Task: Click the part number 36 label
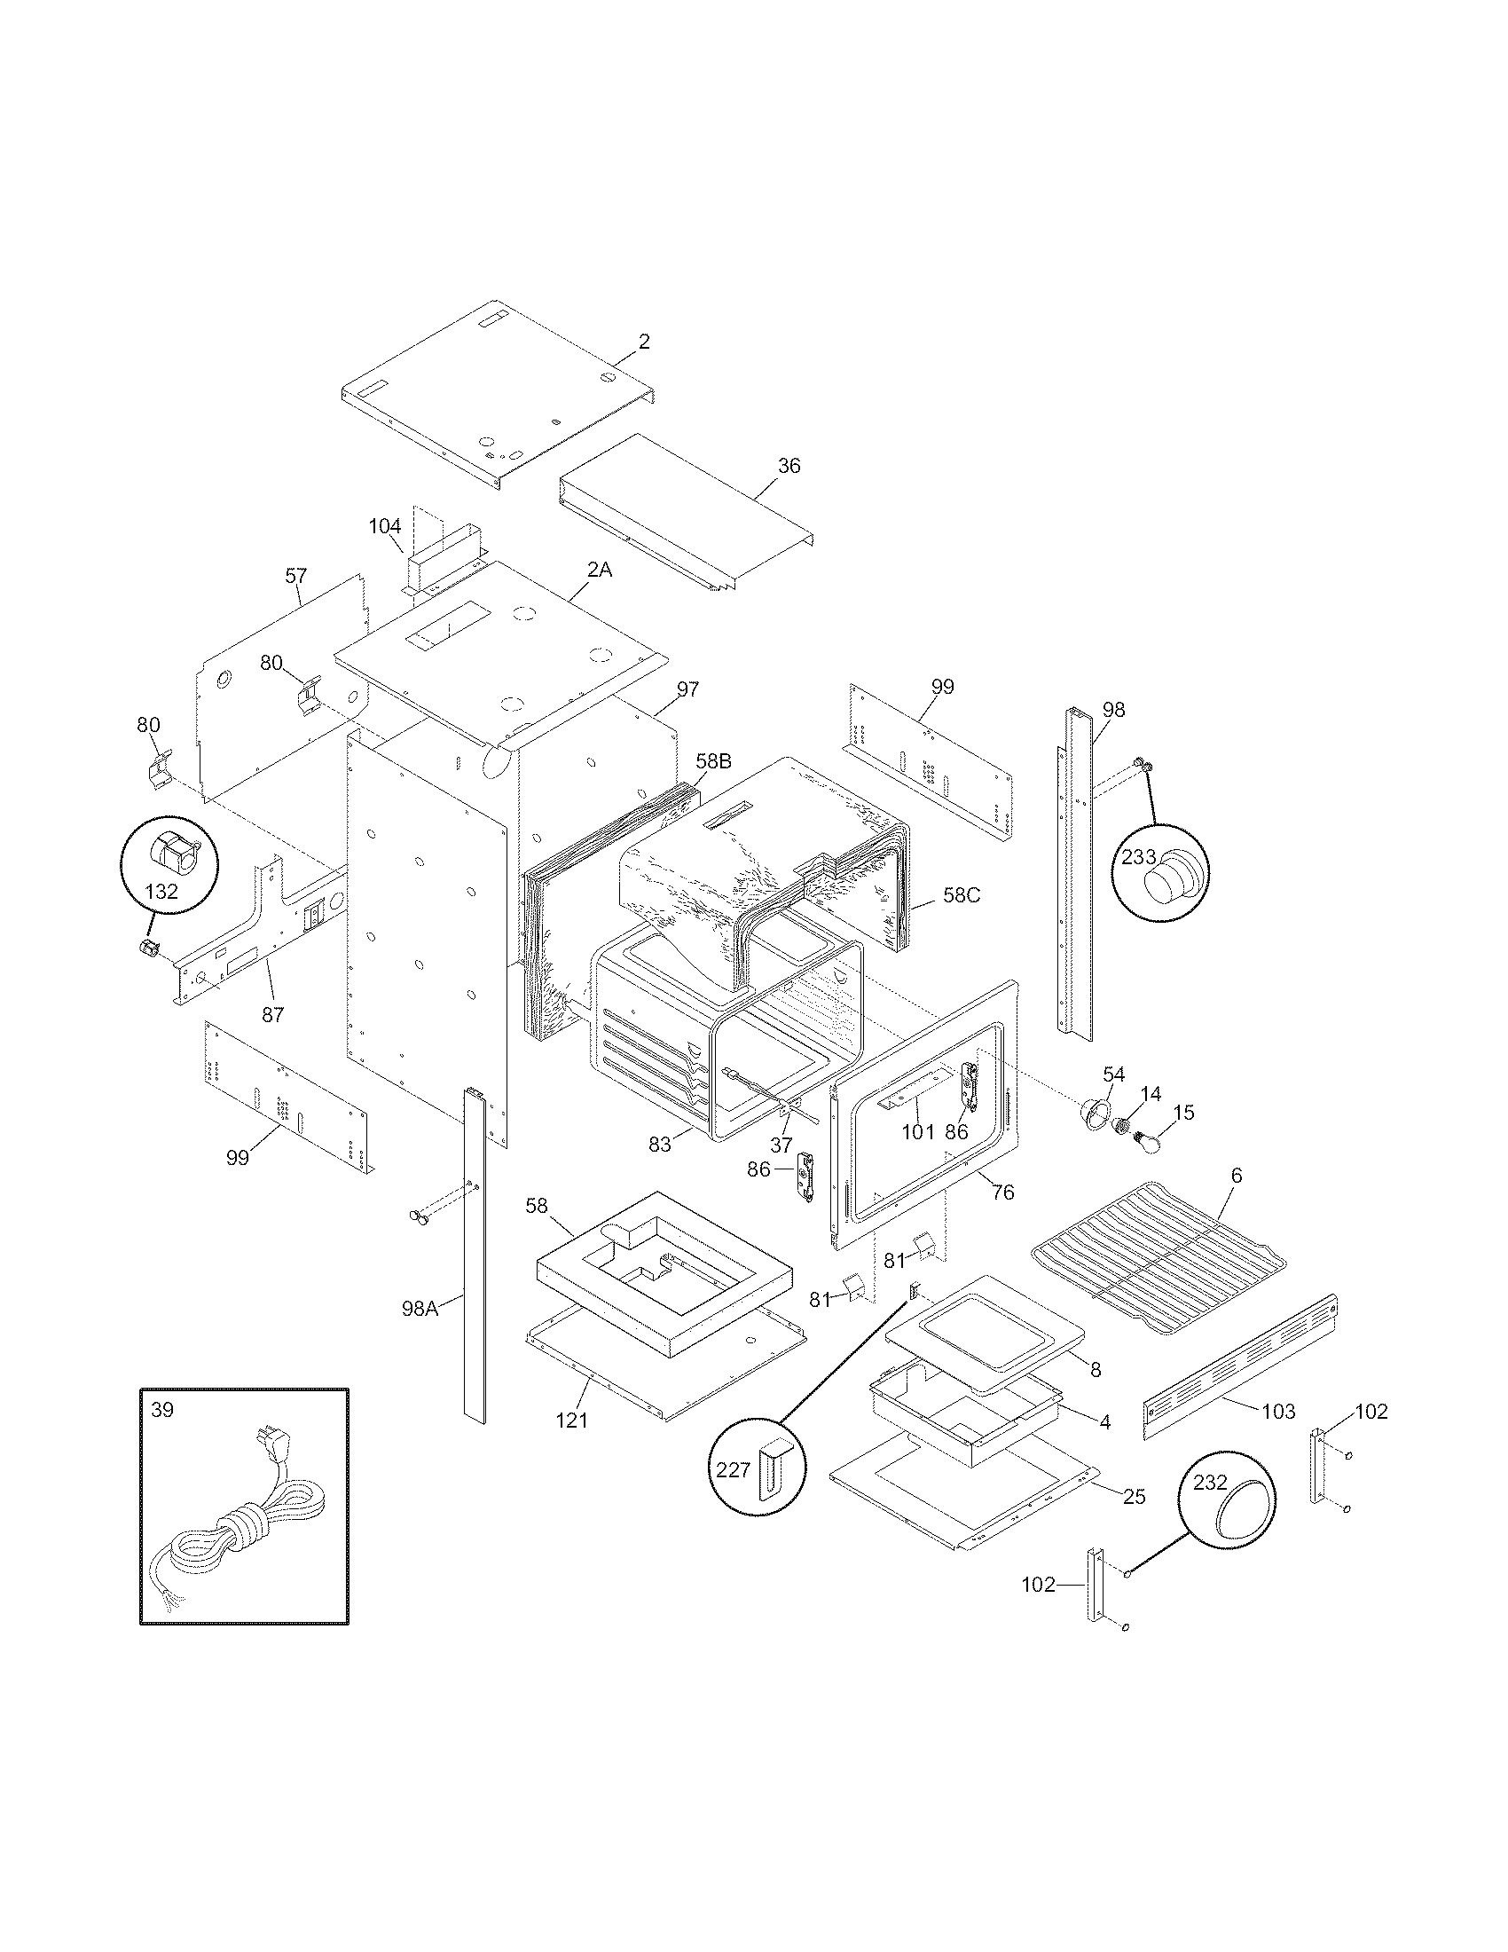(789, 466)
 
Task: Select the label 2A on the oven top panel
(600, 569)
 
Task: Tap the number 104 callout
(385, 526)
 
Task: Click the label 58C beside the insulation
(962, 894)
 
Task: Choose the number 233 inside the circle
(1139, 857)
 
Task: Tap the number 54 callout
(1113, 1074)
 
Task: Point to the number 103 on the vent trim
(1278, 1412)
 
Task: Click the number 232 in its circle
(1210, 1482)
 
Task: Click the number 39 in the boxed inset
(162, 1411)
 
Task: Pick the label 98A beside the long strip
(420, 1309)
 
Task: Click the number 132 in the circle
(161, 891)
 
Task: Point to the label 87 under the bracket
(273, 1014)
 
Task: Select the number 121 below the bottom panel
(572, 1420)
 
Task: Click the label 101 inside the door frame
(917, 1131)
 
